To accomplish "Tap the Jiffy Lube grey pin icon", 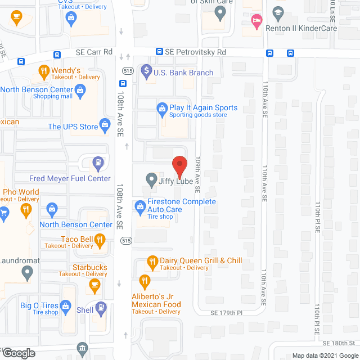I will (151, 179).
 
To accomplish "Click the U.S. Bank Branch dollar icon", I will (146, 71).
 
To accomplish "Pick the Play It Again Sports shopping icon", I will (161, 107).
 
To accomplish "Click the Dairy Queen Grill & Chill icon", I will (151, 261).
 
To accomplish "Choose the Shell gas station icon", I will (100, 308).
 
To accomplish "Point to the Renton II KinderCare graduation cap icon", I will (277, 12).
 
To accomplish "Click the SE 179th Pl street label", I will (226, 313).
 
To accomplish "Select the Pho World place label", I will (21, 192).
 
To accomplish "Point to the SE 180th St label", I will (339, 343).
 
